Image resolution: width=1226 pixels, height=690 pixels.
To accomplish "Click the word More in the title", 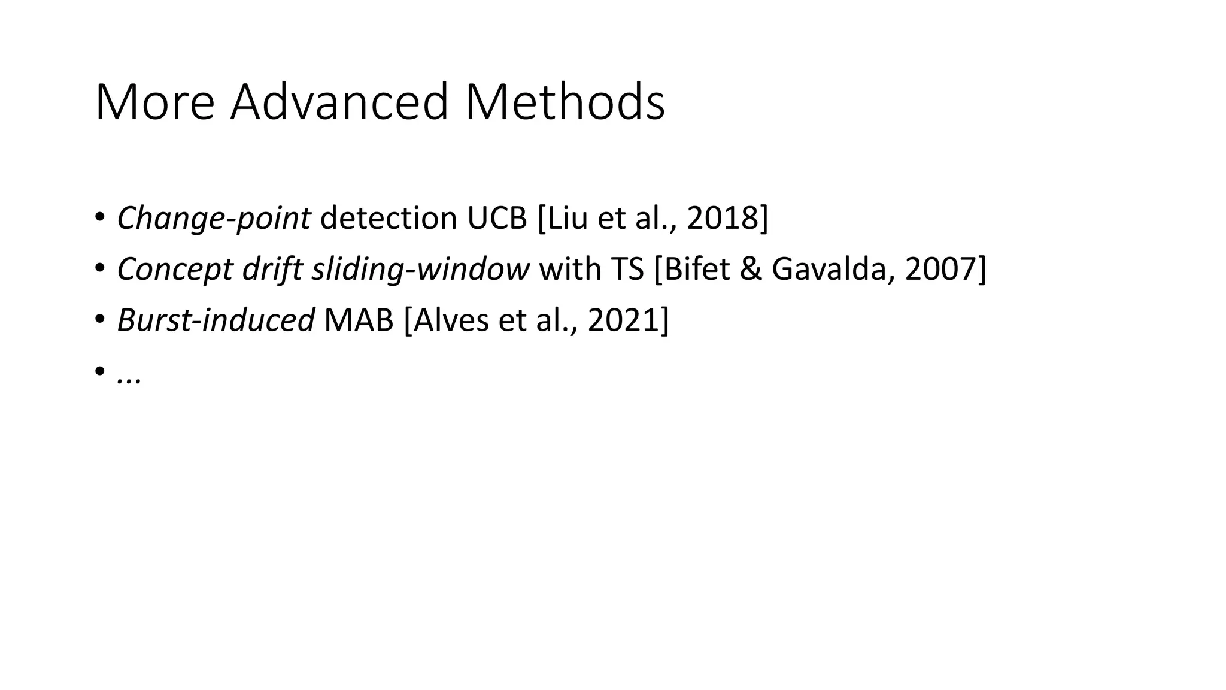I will tap(154, 102).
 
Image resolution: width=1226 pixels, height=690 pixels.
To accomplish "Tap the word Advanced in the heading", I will tap(339, 102).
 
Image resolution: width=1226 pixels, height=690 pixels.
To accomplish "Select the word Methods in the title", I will tap(565, 102).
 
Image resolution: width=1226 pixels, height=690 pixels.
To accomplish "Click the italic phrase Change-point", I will tap(214, 218).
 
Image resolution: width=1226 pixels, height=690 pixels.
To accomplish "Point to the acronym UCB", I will tap(497, 218).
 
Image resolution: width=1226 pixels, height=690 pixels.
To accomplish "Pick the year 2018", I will tap(723, 218).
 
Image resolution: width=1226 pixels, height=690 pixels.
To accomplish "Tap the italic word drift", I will tap(272, 269).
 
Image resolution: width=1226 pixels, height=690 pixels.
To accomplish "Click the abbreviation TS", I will tap(627, 269).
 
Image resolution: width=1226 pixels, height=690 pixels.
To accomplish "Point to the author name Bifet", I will tap(697, 269).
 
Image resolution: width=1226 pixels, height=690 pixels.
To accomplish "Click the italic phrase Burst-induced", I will tap(216, 320).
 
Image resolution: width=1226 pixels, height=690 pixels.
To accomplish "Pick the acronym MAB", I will tap(359, 320).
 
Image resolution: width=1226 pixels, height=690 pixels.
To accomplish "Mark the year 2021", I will tap(624, 320).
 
